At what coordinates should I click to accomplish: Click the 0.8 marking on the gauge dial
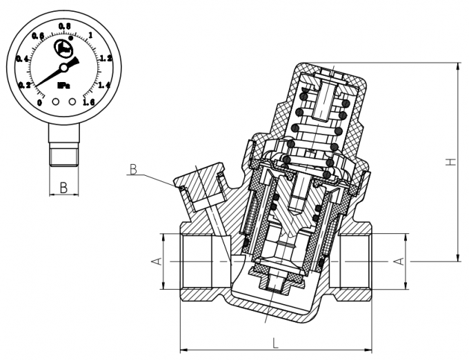[65, 26]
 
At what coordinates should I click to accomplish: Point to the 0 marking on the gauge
[39, 102]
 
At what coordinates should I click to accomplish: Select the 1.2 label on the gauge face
[105, 59]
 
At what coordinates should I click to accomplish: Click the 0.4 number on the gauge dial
[23, 59]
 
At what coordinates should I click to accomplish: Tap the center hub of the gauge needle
[63, 68]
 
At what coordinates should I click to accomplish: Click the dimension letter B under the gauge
[63, 187]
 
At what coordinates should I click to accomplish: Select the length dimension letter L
[275, 343]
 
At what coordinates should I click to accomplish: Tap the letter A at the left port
[155, 262]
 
